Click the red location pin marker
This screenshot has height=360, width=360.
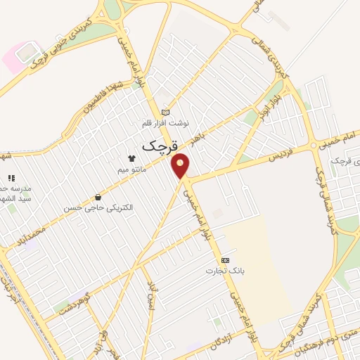[181, 165]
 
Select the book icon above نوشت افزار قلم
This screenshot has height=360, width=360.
[166, 112]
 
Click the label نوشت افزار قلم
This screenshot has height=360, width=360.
[166, 123]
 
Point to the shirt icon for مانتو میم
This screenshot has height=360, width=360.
[131, 158]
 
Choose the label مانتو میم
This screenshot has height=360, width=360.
[132, 169]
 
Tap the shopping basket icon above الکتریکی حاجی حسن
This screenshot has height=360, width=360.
[98, 197]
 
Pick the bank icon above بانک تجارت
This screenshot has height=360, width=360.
[225, 260]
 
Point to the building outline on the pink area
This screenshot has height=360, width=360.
[27, 53]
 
